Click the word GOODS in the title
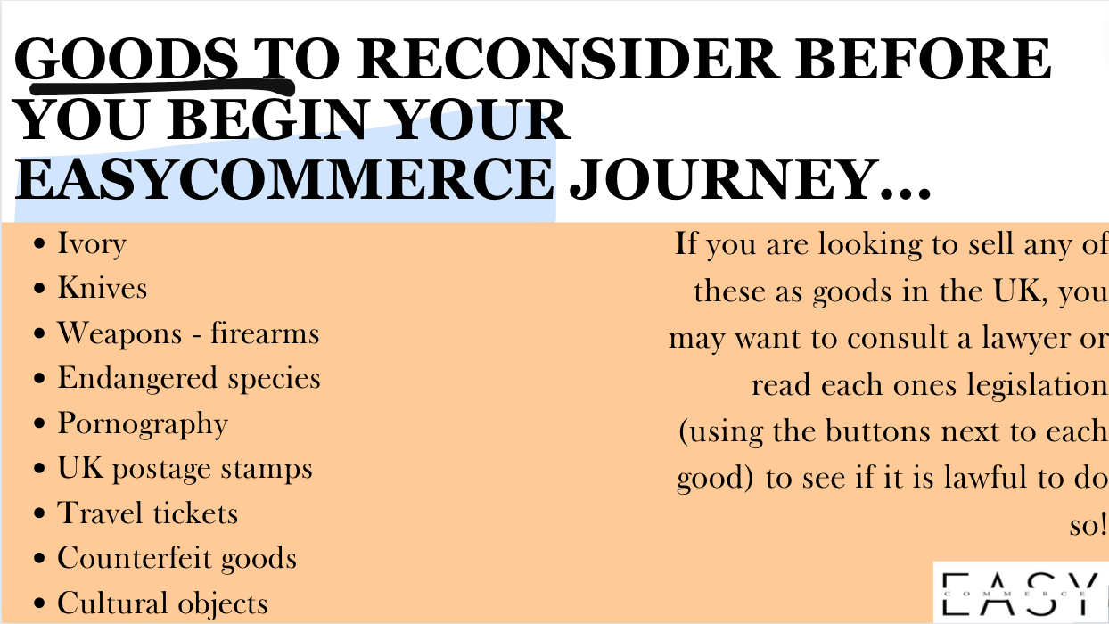(127, 59)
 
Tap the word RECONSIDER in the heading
(568, 59)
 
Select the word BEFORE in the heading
(923, 59)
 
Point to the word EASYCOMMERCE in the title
(284, 178)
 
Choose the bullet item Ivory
(92, 244)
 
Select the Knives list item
(102, 287)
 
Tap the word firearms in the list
(265, 333)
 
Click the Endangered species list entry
(189, 378)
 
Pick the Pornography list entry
(143, 424)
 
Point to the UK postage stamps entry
(185, 469)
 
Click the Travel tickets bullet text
(147, 513)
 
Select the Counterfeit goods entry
(177, 559)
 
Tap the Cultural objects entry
(162, 603)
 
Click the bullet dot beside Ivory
(39, 243)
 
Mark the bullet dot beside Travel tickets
(39, 513)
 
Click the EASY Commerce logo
(1020, 592)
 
